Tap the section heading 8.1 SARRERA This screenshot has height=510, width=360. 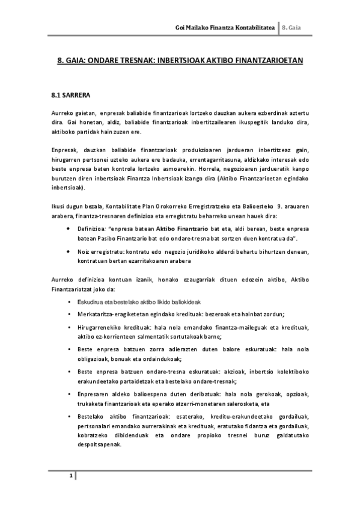click(x=70, y=95)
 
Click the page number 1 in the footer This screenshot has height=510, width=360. click(x=70, y=476)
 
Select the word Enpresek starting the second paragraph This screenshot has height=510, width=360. click(x=63, y=149)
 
